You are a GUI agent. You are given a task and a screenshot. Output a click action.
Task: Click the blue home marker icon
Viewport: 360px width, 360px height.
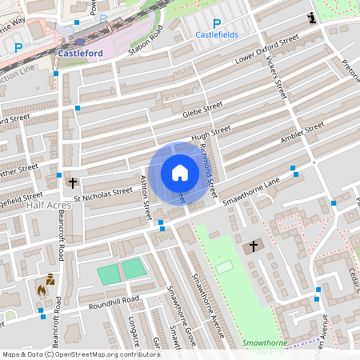click(179, 173)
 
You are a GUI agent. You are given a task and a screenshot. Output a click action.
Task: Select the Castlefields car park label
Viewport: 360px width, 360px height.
click(217, 35)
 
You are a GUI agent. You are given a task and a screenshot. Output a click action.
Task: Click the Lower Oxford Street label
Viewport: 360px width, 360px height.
click(266, 49)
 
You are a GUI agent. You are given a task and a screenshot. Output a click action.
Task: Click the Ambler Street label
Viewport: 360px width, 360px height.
click(302, 133)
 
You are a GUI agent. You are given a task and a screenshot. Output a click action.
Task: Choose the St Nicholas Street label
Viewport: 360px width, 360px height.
click(102, 191)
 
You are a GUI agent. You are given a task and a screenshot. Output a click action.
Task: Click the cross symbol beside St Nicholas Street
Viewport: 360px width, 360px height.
click(73, 183)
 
